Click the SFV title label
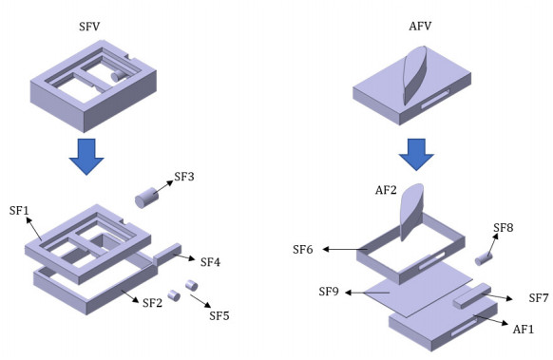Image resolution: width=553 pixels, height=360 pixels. click(x=89, y=27)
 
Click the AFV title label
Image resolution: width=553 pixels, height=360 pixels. click(x=420, y=26)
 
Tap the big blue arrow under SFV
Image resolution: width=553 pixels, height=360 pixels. click(x=86, y=157)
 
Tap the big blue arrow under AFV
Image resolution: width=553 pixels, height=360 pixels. click(x=416, y=155)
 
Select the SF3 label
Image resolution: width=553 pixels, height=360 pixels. click(x=184, y=177)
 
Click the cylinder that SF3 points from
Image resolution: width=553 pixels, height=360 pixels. click(x=146, y=198)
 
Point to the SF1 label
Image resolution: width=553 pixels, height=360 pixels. click(x=19, y=211)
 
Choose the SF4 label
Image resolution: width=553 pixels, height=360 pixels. click(x=210, y=262)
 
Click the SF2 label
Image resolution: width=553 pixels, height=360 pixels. click(x=152, y=302)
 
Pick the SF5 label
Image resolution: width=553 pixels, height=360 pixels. click(x=219, y=315)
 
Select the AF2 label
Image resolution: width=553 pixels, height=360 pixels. click(x=386, y=190)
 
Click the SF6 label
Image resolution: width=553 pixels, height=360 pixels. click(x=302, y=249)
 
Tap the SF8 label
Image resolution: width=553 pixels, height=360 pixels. click(x=504, y=228)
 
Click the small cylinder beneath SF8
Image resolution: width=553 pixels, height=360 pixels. click(x=484, y=259)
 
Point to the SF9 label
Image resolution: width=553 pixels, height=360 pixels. click(x=329, y=292)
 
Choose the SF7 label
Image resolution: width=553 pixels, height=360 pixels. click(x=539, y=298)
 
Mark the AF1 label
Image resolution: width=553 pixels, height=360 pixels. click(x=524, y=329)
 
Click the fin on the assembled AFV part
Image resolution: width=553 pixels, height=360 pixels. click(x=415, y=75)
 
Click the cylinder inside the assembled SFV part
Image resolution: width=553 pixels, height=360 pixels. click(x=119, y=75)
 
